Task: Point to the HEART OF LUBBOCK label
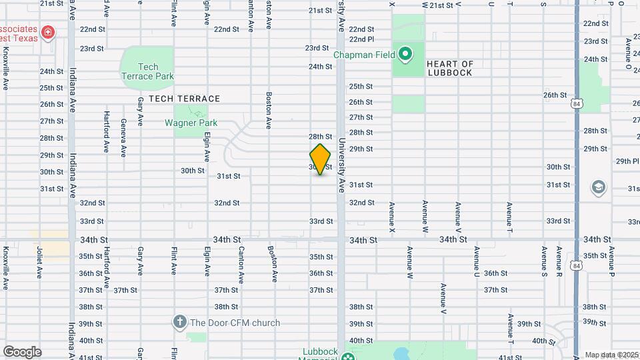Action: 450,69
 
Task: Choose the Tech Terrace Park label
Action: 147,71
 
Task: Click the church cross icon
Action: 179,323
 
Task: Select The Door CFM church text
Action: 235,323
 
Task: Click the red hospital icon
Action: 47,32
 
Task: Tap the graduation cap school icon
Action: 598,188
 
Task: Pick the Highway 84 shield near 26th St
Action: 577,103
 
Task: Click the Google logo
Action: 22,351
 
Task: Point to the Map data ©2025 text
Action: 611,355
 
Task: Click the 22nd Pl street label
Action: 361,39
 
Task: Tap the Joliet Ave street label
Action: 39,262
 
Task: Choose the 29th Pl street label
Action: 627,161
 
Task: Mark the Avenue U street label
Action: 477,262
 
